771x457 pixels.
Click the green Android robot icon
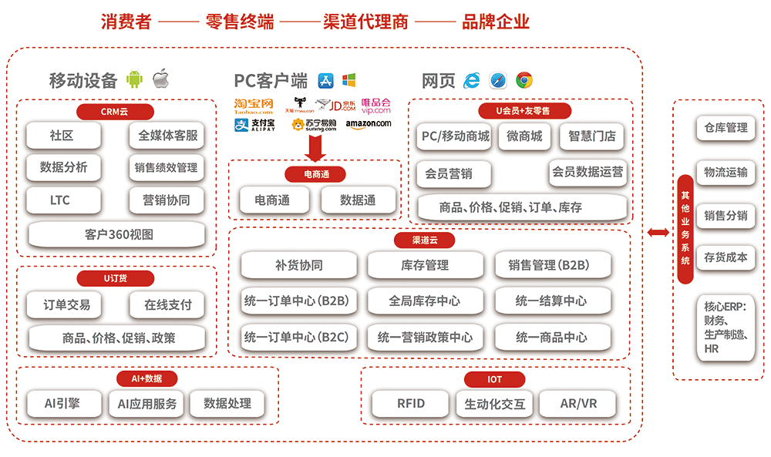point(136,79)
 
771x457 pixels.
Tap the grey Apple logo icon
point(160,79)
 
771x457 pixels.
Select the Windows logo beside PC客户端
point(348,80)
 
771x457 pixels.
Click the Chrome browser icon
point(525,80)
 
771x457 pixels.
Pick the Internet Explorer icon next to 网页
point(471,80)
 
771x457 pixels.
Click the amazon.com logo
point(368,124)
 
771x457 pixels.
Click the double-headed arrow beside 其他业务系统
point(658,233)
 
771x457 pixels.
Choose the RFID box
point(410,403)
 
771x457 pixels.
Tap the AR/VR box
point(578,403)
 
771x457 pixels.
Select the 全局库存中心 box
point(424,301)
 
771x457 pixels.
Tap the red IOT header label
point(494,379)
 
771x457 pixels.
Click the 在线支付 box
point(167,305)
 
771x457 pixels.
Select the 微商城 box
point(524,137)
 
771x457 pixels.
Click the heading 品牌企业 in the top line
point(496,22)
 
